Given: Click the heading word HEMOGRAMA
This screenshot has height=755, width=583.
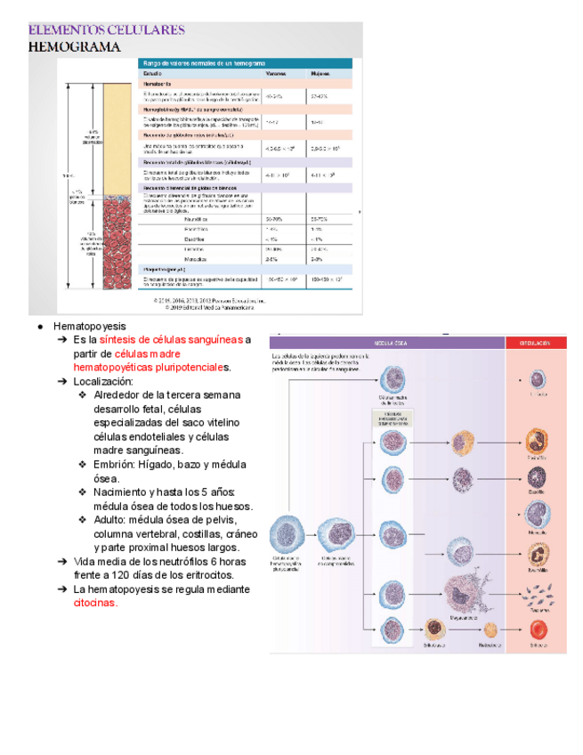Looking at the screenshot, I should pyautogui.click(x=75, y=47).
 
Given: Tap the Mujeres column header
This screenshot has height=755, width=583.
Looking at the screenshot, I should pyautogui.click(x=320, y=75).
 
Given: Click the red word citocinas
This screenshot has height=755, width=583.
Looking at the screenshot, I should pyautogui.click(x=95, y=603).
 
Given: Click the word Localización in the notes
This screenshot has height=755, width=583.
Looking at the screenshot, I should pyautogui.click(x=103, y=381).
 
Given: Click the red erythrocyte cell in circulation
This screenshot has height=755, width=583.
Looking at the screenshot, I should pyautogui.click(x=538, y=629).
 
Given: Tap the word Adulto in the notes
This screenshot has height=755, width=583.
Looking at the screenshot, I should pyautogui.click(x=111, y=520).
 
